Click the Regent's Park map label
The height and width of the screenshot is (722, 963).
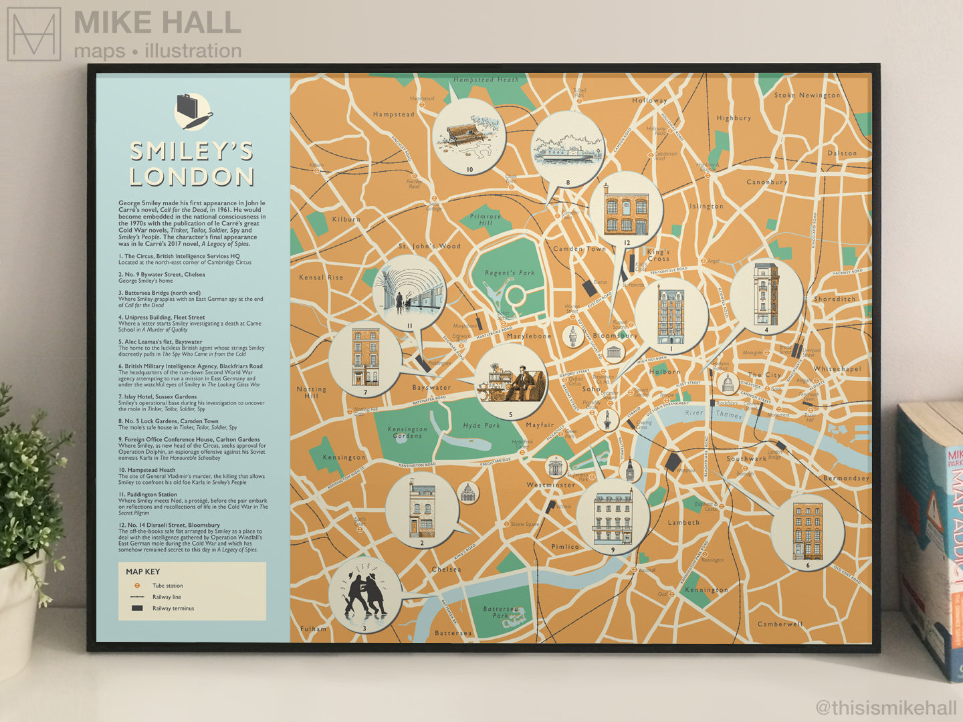point(510,273)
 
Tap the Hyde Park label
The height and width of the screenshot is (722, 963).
point(481,425)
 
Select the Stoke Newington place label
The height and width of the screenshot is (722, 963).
point(807,96)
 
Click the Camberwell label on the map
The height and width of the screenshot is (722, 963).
point(780,624)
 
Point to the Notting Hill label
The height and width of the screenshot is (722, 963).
point(312,392)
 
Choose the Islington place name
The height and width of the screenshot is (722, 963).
point(706,206)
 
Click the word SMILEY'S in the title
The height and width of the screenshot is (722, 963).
point(191,151)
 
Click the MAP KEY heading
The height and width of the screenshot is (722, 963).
point(143,572)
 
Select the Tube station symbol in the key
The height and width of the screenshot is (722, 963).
point(137,586)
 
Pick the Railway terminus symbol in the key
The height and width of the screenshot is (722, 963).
point(137,608)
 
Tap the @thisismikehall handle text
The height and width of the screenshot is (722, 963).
point(887,707)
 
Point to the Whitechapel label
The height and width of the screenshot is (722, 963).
point(837,369)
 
